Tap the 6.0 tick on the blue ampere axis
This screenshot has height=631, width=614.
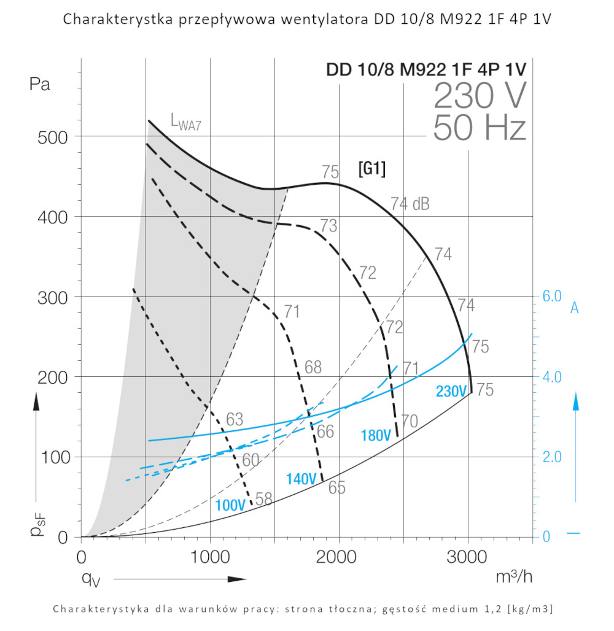tap(552, 296)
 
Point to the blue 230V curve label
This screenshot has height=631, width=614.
tap(451, 391)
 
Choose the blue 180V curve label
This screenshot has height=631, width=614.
tap(376, 436)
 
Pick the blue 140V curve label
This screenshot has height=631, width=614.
tap(301, 479)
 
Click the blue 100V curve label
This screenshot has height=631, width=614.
tap(230, 505)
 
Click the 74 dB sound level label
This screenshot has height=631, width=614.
tap(410, 204)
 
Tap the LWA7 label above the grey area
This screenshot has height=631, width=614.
tap(185, 125)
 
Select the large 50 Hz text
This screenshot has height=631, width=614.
tap(480, 129)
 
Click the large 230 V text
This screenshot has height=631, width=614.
tap(480, 95)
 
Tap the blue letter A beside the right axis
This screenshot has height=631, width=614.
tap(575, 308)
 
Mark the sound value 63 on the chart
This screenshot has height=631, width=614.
tap(235, 420)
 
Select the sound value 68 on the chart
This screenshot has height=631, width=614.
tap(313, 367)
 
